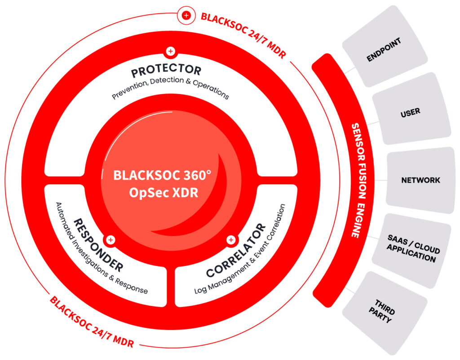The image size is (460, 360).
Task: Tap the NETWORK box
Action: (x=420, y=180)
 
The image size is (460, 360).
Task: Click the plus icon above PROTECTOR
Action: (x=170, y=51)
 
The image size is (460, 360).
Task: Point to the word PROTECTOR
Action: (x=166, y=71)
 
